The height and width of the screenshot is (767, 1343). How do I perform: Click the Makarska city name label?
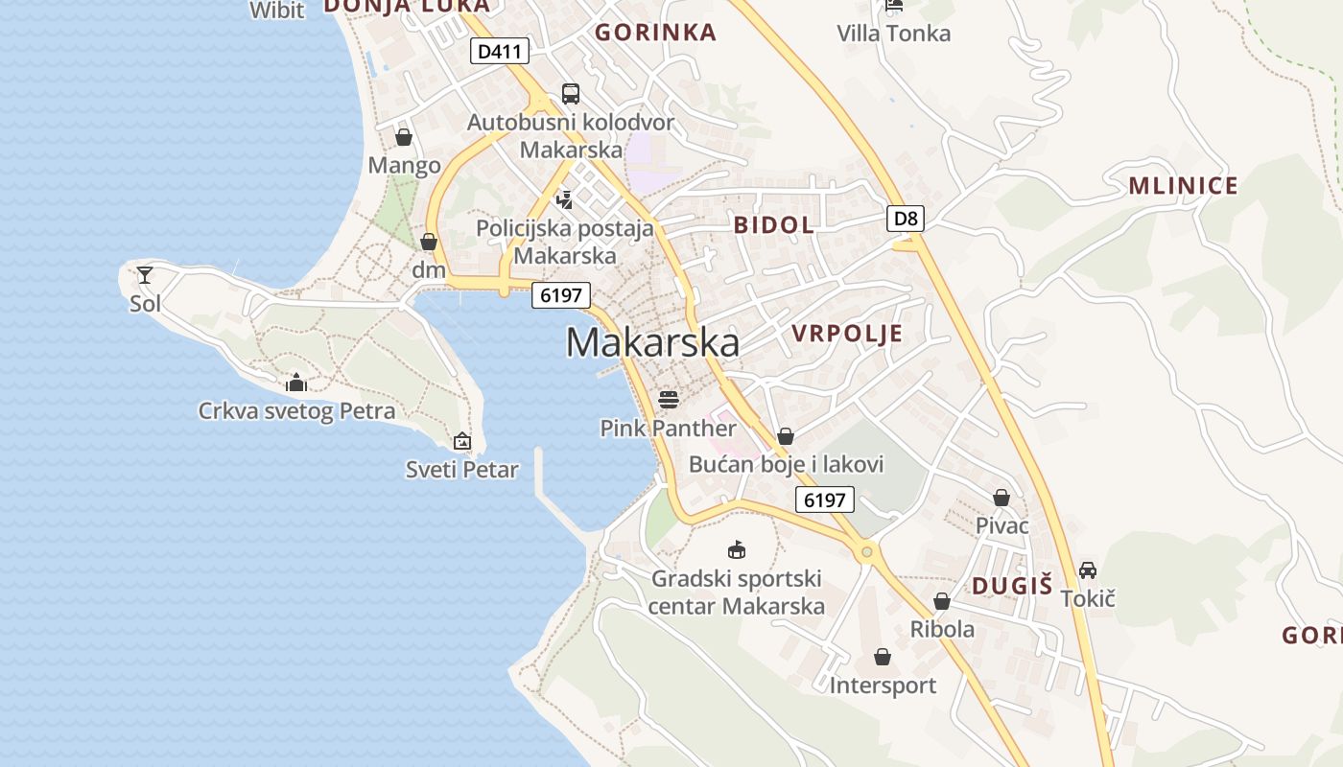pos(652,342)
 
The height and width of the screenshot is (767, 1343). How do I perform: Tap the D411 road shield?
pos(499,51)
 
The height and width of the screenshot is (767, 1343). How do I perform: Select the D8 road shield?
pos(906,219)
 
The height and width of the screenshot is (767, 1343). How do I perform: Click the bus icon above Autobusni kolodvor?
pos(571,93)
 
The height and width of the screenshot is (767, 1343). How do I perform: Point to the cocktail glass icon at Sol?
pos(145,275)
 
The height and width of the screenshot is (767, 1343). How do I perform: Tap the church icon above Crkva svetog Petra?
pos(296,383)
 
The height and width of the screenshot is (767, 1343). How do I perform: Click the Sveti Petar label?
pos(461,470)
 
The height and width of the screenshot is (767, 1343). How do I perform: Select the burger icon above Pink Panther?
pos(669,399)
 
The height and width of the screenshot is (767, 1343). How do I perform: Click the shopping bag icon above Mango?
pos(404,137)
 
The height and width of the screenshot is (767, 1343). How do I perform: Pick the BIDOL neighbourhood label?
pos(773,225)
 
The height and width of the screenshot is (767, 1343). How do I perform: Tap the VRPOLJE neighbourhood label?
pos(847,334)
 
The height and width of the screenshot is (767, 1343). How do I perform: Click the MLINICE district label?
pos(1183,186)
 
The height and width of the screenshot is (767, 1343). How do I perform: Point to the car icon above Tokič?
pos(1088,569)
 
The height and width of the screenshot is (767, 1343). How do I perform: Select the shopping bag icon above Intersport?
pos(883,657)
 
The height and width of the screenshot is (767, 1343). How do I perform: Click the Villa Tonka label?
pos(893,34)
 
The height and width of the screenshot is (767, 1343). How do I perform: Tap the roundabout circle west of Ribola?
pos(867,551)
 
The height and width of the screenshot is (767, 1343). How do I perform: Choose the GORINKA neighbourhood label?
pos(655,33)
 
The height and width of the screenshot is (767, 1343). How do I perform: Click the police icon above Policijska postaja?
pos(565,199)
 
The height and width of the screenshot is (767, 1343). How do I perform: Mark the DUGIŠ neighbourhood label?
pos(1012,586)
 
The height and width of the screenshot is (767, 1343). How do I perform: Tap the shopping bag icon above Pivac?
pos(1001,497)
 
